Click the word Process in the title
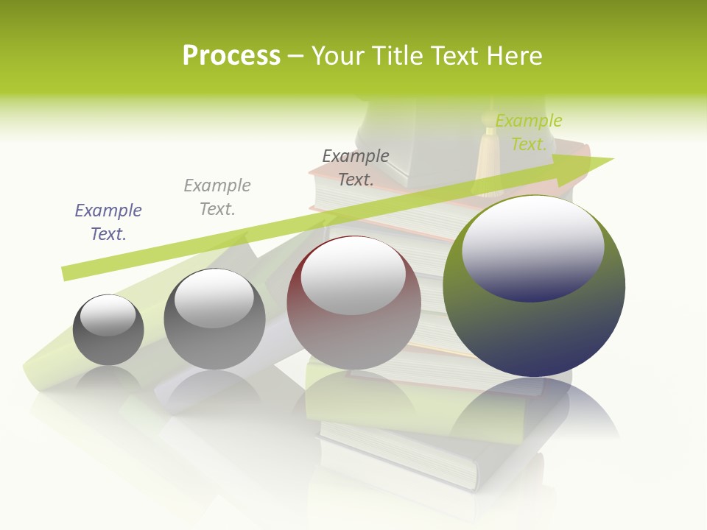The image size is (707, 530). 231,56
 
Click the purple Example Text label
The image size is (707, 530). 108,222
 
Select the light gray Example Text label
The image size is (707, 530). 217,197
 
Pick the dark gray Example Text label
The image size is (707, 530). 356,167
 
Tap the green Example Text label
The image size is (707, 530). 528,132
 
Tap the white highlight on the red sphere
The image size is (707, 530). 353,275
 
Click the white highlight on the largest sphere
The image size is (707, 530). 533,247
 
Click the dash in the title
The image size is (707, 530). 295,56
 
